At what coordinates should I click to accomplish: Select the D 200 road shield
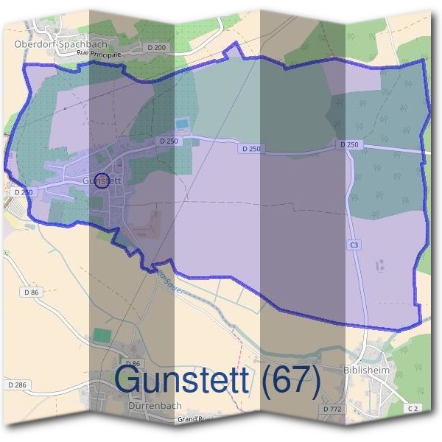pos(156,47)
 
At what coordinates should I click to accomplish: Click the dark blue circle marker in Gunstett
pos(103,180)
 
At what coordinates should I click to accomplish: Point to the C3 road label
pos(354,244)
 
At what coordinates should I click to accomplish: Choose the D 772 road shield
pos(331,408)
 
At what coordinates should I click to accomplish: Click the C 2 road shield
pos(413,408)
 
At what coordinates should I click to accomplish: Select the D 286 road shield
pos(17,385)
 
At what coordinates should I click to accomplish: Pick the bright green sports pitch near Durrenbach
pos(101,335)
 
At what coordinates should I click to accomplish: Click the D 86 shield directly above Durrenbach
pos(133,364)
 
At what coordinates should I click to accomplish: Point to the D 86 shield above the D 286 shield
pos(30,292)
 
